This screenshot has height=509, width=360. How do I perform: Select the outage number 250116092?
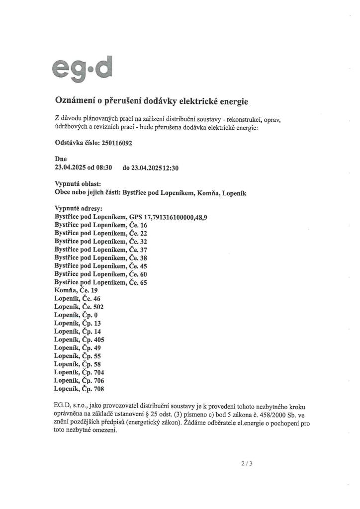[116, 143]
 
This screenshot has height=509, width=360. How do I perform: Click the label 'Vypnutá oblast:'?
[78, 184]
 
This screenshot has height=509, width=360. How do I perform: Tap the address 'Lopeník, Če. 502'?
[80, 307]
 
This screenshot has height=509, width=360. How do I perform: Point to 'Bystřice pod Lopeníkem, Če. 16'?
[101, 225]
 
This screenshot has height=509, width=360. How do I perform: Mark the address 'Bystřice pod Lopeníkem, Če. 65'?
[101, 282]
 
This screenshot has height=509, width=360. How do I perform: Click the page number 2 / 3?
[247, 464]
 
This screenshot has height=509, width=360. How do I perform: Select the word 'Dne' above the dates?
[61, 159]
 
